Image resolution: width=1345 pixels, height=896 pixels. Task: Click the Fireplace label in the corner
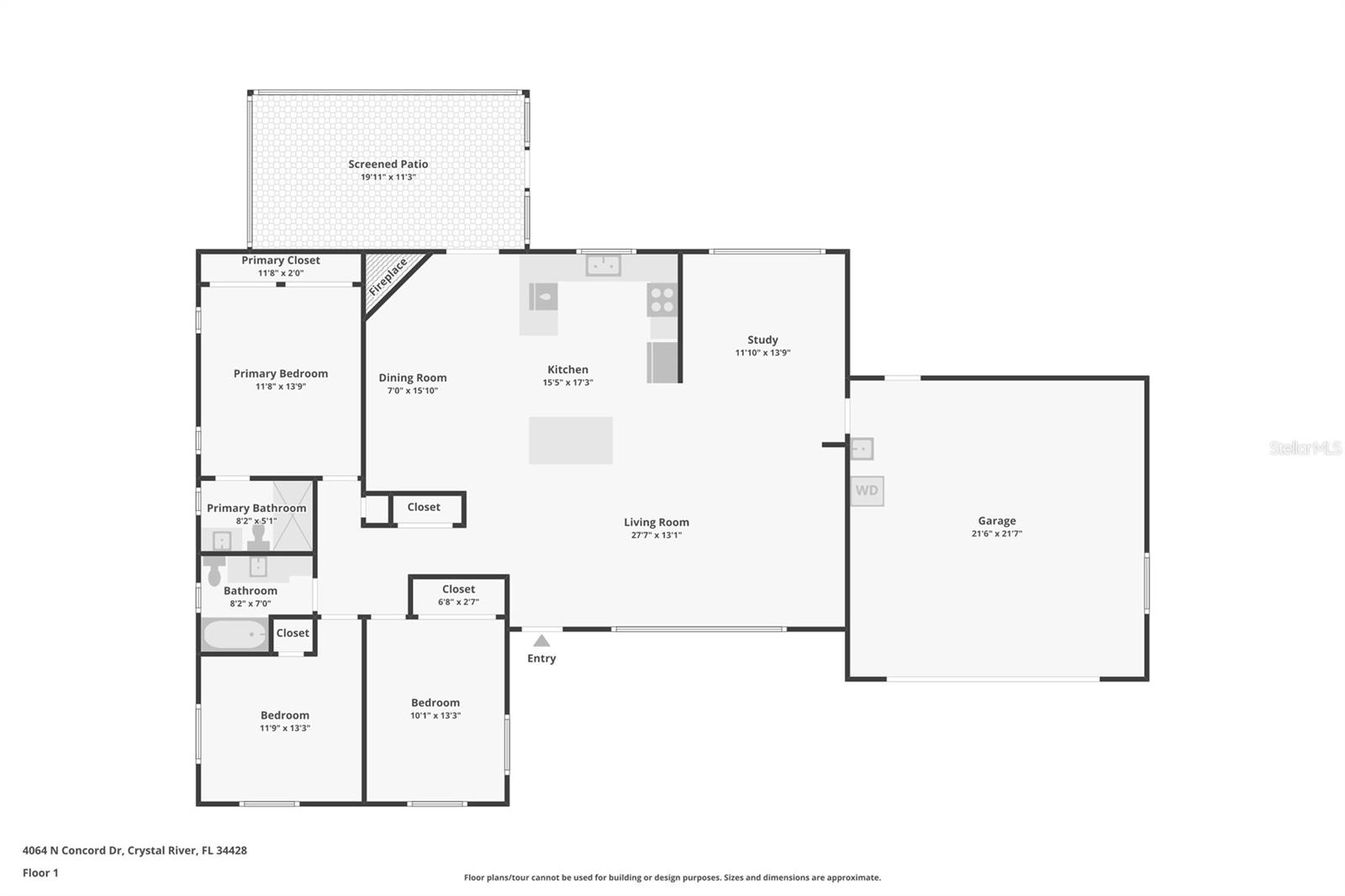[388, 277]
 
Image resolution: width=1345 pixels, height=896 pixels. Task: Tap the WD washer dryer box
[867, 491]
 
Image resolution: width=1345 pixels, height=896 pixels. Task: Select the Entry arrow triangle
[541, 641]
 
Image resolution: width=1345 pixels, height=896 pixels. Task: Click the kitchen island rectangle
[570, 440]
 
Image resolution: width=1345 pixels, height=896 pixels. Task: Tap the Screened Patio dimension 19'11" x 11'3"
[388, 177]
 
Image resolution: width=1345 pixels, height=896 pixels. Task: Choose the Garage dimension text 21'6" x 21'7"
[996, 534]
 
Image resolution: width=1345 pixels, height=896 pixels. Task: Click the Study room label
[762, 340]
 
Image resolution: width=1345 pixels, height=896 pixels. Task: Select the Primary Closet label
[281, 261]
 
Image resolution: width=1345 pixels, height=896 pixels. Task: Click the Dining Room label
[412, 377]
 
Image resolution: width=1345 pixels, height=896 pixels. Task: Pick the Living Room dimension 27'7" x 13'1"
[656, 535]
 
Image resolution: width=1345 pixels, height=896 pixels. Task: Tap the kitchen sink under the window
[603, 266]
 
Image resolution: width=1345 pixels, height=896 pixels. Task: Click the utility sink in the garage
[862, 449]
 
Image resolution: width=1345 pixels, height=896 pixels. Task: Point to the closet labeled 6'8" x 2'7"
[458, 595]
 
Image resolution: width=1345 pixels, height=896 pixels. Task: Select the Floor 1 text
[40, 872]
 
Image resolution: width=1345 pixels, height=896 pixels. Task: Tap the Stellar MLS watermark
[1305, 448]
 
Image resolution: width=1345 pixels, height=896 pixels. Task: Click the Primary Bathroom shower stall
[293, 515]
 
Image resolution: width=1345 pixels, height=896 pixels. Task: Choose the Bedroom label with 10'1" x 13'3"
[435, 703]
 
